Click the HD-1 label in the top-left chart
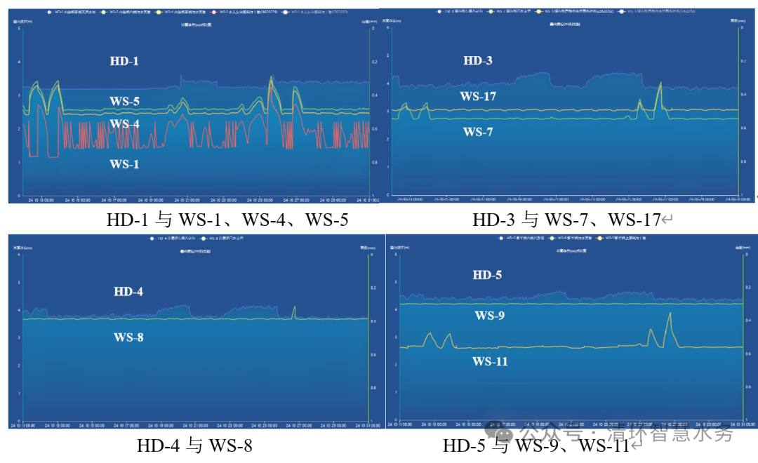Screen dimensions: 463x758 click(124, 61)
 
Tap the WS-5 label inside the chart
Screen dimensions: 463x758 click(124, 101)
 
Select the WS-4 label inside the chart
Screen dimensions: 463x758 click(124, 124)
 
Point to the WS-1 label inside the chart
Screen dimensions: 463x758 click(124, 163)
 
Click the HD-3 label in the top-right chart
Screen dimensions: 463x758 click(478, 61)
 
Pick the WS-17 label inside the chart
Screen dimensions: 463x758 click(478, 96)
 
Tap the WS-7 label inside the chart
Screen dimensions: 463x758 click(478, 131)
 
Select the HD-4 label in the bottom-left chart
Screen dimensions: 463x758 click(128, 291)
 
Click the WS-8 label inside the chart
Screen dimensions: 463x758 click(128, 337)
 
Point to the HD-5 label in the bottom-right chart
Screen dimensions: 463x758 click(487, 275)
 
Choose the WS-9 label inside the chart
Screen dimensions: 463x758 click(489, 316)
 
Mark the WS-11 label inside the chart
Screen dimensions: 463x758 click(490, 361)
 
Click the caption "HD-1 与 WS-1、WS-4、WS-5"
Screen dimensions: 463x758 click(227, 220)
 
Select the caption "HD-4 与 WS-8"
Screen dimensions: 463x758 click(194, 445)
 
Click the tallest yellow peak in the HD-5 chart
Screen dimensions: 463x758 click(670, 314)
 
